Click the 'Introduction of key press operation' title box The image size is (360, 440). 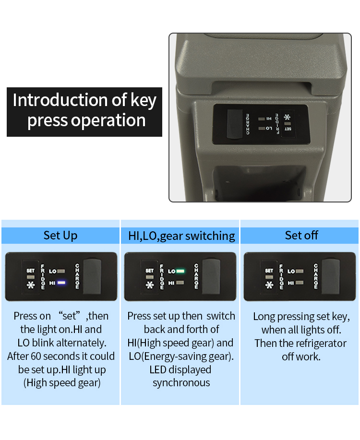84,112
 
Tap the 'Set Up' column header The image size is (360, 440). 60,236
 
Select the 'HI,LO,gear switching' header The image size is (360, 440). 181,236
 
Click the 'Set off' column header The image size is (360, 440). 301,236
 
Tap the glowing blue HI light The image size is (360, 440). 61,283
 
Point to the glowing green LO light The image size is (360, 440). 180,271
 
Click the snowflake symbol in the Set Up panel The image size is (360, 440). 31,285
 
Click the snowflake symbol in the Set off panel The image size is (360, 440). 269,285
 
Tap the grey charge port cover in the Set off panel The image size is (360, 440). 331,276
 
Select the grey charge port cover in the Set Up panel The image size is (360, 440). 92,276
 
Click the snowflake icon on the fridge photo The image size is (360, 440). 287,117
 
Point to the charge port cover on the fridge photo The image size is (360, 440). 235,124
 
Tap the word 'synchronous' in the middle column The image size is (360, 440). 181,383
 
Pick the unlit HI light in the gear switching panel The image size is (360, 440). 180,283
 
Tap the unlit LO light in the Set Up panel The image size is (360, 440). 61,271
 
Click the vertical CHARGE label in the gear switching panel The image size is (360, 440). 196,276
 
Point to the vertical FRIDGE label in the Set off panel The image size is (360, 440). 281,276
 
